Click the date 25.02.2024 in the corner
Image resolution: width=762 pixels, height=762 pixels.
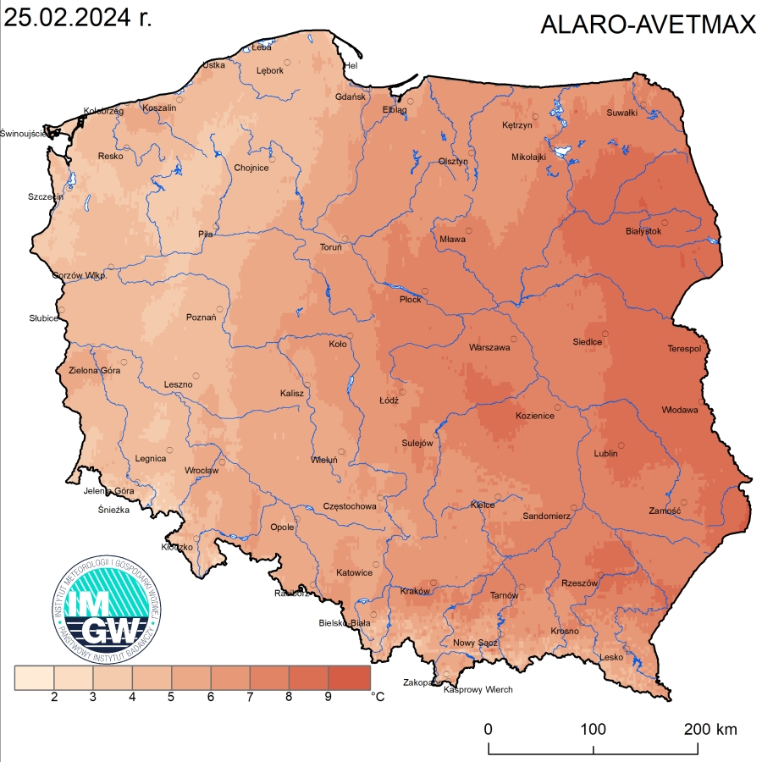click(x=79, y=19)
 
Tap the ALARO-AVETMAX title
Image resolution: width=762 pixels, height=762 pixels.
click(x=648, y=25)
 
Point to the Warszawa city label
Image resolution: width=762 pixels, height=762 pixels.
click(x=489, y=347)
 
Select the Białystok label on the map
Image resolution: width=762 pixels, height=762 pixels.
click(x=643, y=231)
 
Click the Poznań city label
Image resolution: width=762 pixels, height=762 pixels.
click(x=201, y=318)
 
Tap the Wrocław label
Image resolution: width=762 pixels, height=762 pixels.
click(x=202, y=471)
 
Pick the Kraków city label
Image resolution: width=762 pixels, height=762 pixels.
click(x=415, y=591)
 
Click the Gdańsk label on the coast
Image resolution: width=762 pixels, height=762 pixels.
click(x=350, y=97)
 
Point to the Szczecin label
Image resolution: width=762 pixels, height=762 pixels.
click(x=45, y=196)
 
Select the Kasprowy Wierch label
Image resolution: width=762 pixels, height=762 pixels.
click(x=478, y=690)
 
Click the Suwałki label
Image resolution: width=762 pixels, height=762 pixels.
click(x=621, y=113)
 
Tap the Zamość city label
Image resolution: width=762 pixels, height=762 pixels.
click(x=665, y=511)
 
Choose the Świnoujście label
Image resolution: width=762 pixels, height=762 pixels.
click(x=25, y=133)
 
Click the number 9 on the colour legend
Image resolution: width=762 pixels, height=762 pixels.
click(x=328, y=698)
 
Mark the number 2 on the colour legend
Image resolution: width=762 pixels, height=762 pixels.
click(x=54, y=698)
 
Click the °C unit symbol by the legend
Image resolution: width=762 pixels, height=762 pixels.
click(x=378, y=698)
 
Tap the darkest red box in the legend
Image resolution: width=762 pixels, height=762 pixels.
click(x=351, y=677)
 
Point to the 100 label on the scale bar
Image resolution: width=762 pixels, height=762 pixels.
click(x=593, y=729)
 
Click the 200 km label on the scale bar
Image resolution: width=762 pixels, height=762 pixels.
click(x=710, y=729)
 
